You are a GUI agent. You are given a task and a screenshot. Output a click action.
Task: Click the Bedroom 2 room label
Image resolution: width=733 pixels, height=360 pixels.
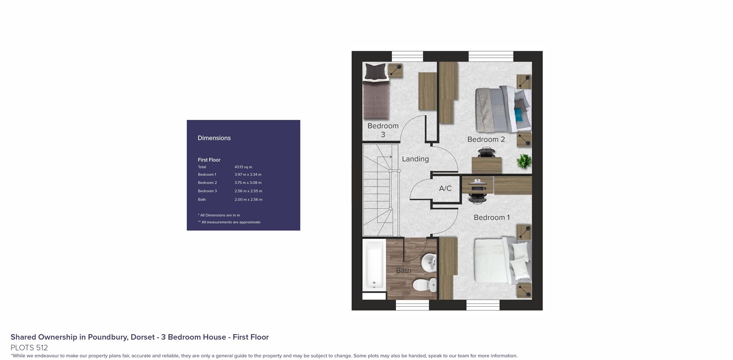(486, 139)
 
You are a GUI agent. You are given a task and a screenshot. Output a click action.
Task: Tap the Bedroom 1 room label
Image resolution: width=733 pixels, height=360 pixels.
(492, 217)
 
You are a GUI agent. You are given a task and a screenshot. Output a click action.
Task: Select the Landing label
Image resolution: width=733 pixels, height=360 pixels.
(415, 159)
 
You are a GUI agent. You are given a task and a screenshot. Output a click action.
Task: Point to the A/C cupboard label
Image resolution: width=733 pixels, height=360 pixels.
(445, 188)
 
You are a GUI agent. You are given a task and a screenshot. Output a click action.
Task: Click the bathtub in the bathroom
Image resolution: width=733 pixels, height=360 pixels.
(374, 265)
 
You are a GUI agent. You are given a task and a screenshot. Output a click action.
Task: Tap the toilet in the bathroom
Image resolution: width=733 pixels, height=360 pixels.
(425, 284)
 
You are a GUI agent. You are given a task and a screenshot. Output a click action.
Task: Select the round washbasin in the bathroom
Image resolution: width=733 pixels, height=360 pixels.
(429, 263)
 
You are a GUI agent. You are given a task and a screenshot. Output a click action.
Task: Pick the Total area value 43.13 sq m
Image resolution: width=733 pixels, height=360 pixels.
(243, 167)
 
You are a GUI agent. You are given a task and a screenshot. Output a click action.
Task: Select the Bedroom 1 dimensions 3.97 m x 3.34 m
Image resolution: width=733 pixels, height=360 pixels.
(248, 174)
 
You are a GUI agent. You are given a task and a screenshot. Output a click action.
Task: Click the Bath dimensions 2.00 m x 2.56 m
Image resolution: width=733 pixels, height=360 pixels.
(248, 199)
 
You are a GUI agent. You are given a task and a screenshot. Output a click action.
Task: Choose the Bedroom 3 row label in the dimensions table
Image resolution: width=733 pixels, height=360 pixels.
(207, 191)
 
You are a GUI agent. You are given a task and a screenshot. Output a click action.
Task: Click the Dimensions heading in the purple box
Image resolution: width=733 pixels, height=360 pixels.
(214, 138)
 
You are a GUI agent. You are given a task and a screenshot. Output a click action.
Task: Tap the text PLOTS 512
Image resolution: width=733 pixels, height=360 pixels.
(29, 348)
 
